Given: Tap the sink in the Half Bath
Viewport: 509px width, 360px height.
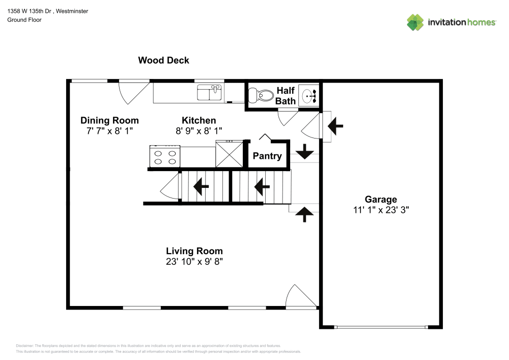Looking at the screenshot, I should coord(309,95).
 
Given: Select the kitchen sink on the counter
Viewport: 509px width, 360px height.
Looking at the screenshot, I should coord(210,93).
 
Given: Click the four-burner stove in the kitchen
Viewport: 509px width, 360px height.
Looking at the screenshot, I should coord(164,156).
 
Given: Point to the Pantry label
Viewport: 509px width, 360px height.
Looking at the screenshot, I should coord(267,156).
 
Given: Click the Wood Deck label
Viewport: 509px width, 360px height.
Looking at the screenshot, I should coord(163,60).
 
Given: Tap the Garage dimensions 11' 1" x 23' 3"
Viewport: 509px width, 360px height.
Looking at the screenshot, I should coord(380,209).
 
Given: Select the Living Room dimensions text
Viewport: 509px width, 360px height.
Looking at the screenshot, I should coord(194,261).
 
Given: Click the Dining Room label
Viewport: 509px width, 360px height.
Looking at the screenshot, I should coord(109,121).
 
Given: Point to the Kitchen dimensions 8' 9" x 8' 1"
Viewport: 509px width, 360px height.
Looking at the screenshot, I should coord(199,130).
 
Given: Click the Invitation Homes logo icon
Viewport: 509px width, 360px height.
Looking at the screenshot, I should coord(415,22).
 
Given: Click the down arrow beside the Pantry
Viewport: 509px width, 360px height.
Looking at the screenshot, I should coord(304,151).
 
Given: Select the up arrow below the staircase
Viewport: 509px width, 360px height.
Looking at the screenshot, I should coord(304,214).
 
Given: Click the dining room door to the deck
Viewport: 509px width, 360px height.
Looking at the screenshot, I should coord(130,92).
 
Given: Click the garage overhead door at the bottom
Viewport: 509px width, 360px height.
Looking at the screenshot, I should coord(380,327).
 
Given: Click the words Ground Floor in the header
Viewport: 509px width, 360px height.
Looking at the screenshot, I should coord(24,20).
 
